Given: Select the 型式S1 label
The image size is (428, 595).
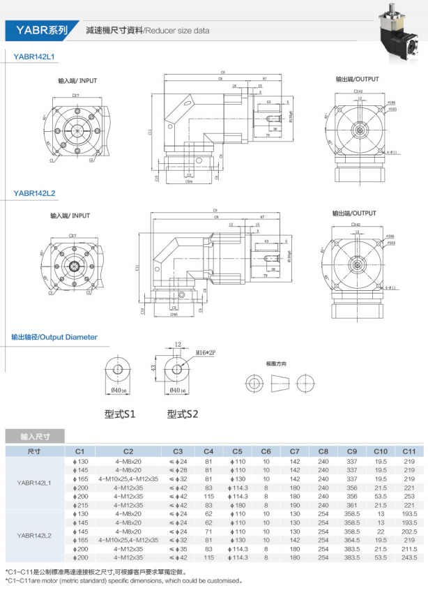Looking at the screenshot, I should [120, 414].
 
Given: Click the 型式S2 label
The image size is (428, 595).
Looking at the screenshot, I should [183, 414].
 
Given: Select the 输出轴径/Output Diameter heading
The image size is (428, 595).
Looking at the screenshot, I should [54, 337].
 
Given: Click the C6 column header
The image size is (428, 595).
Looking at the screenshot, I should [266, 451].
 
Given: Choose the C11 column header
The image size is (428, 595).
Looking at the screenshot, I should [408, 451].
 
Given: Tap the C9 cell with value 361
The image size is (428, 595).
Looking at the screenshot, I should [352, 504].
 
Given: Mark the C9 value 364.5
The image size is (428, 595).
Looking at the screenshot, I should [352, 539].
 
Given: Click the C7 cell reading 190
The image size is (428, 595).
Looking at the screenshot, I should [294, 504].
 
